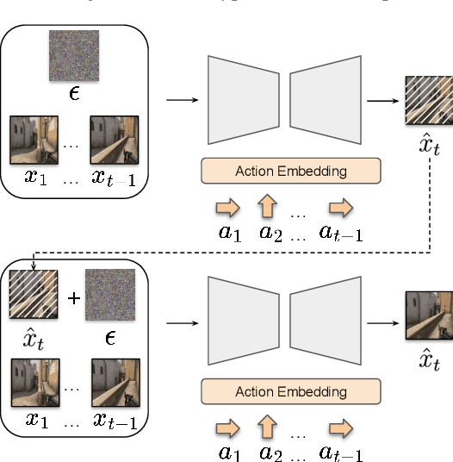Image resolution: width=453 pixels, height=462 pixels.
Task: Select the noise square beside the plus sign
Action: click(x=109, y=294)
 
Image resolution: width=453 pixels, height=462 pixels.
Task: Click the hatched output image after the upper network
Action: click(x=428, y=101)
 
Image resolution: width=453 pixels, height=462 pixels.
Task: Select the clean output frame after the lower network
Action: click(x=428, y=316)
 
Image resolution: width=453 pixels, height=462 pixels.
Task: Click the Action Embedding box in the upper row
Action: click(x=290, y=171)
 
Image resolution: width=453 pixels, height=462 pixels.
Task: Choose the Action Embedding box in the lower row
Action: click(x=290, y=392)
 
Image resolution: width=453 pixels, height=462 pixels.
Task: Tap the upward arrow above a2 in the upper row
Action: click(x=269, y=208)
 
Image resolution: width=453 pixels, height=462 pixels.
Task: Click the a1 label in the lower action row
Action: click(x=228, y=453)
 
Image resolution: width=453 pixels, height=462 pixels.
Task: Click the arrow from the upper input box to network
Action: click(x=180, y=100)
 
